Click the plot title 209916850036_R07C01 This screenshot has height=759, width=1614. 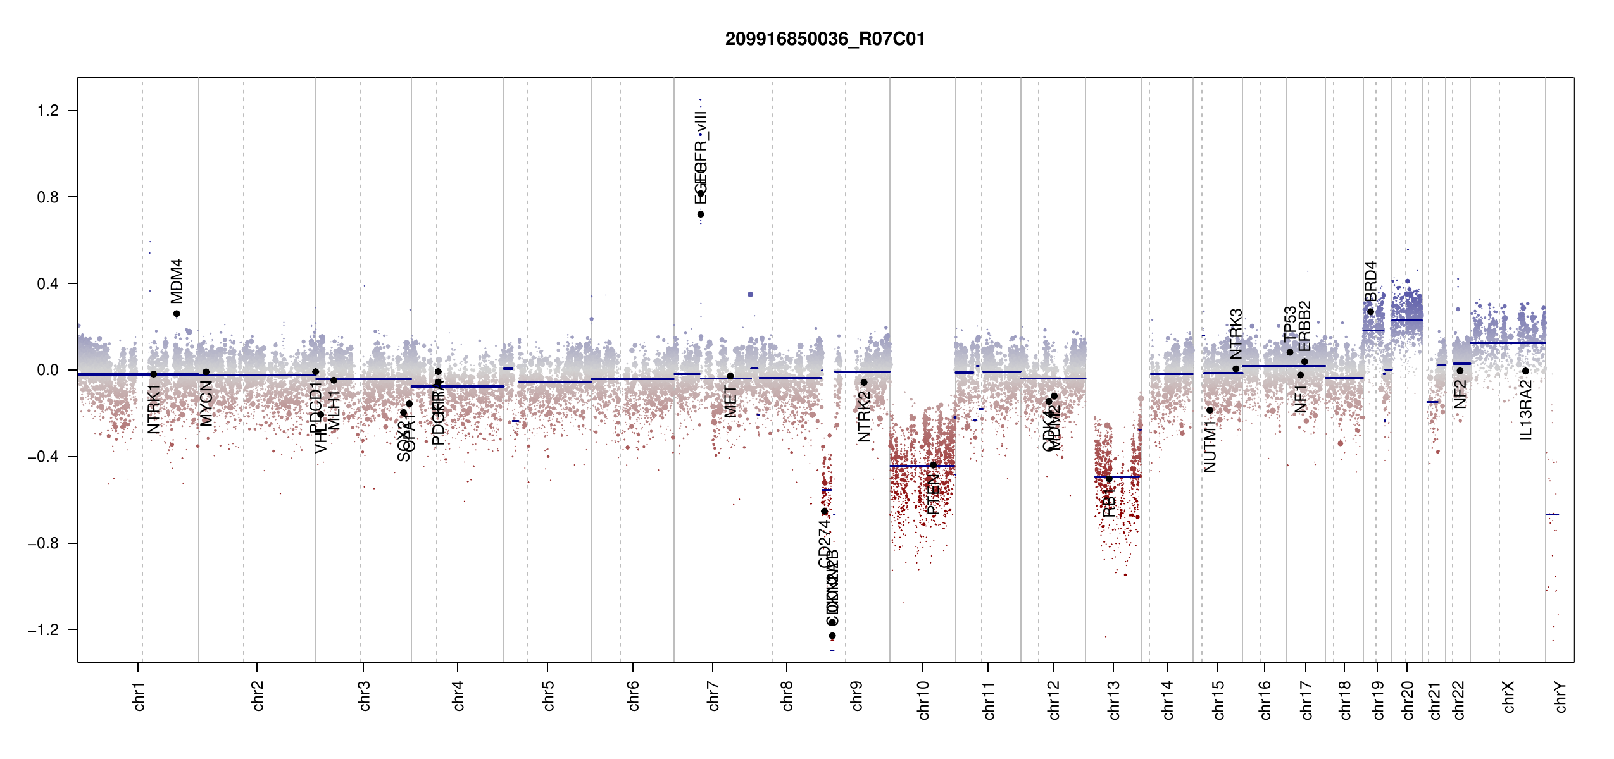point(825,39)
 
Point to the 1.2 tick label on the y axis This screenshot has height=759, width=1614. point(47,111)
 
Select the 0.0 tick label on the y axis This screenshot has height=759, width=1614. point(47,370)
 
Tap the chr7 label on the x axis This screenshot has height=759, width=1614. point(713,696)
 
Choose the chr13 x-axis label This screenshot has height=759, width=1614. point(1113,700)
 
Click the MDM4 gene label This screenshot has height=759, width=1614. point(177,281)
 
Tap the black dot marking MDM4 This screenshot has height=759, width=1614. point(177,314)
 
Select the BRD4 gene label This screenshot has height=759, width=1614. point(1370,282)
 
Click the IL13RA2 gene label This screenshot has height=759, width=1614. point(1526,410)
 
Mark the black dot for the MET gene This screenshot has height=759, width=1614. point(730,376)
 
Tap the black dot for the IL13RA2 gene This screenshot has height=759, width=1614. point(1525,371)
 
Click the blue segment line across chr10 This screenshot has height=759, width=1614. point(922,466)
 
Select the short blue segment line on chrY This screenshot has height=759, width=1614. point(1552,514)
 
